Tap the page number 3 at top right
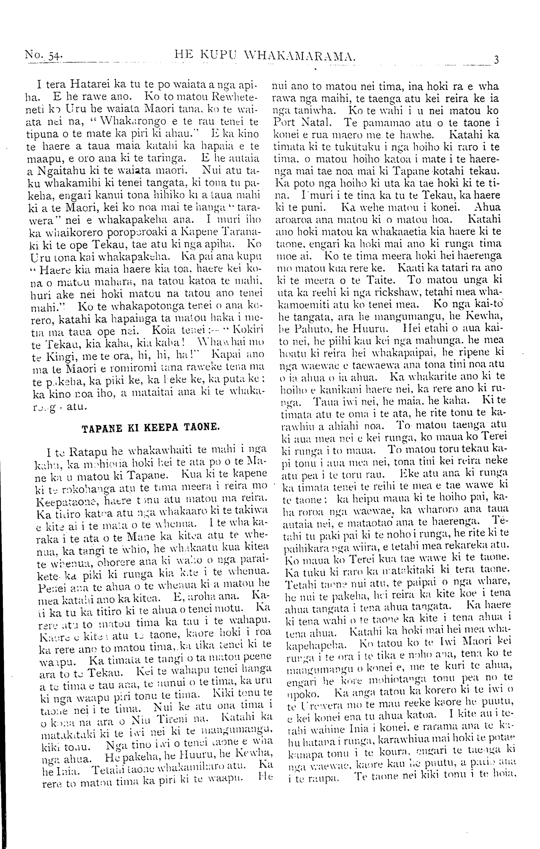(496, 59)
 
